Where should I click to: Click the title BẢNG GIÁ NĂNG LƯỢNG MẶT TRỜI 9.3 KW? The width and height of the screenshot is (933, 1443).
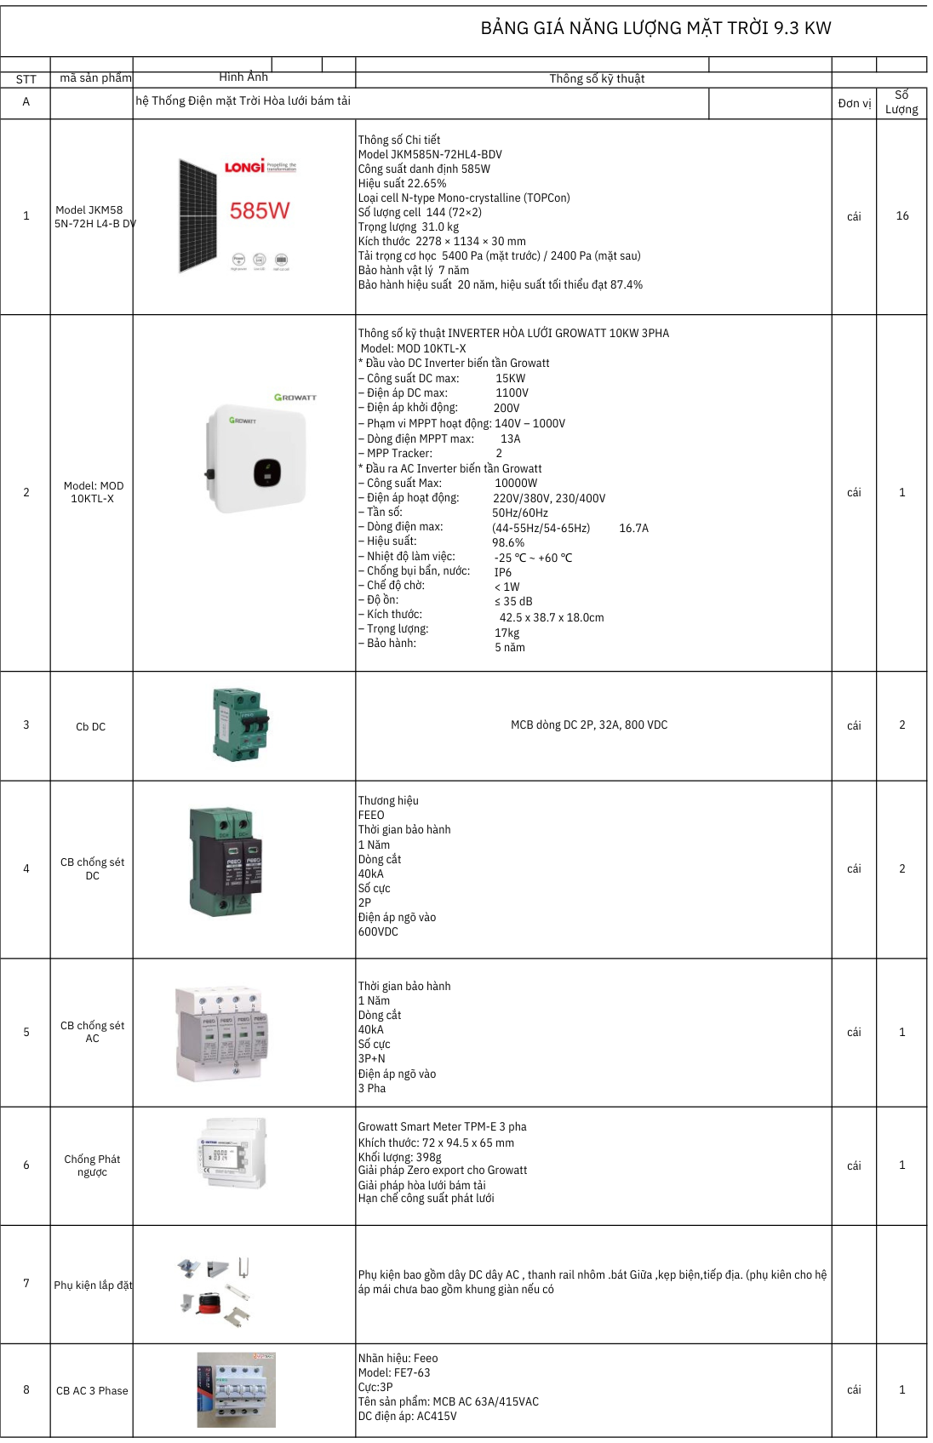click(x=655, y=28)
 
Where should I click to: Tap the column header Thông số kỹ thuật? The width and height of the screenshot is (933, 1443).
click(x=596, y=78)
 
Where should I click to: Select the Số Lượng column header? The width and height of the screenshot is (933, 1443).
click(x=902, y=102)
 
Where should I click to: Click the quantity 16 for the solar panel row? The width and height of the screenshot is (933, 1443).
click(x=902, y=216)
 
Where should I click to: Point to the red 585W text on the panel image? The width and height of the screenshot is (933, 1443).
click(x=260, y=210)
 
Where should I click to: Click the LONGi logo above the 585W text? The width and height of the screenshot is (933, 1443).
click(x=244, y=167)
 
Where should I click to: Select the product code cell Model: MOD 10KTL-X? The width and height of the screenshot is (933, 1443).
click(x=93, y=492)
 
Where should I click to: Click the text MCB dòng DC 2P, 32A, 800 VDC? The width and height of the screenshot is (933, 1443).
click(x=589, y=725)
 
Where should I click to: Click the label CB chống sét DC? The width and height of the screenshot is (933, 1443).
click(x=92, y=868)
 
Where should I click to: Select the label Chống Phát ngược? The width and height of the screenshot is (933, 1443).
click(x=92, y=1165)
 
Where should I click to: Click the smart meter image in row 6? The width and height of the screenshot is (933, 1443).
click(x=232, y=1154)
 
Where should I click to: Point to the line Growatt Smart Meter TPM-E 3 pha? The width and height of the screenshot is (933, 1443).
click(x=442, y=1126)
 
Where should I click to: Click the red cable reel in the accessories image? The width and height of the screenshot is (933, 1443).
click(x=209, y=1303)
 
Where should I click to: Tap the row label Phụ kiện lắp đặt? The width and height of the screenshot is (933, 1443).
click(x=93, y=1285)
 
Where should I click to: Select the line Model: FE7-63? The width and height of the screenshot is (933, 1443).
click(x=394, y=1372)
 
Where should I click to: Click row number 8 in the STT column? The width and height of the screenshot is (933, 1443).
click(x=26, y=1389)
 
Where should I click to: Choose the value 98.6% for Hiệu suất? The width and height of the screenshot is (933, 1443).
click(x=508, y=542)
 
